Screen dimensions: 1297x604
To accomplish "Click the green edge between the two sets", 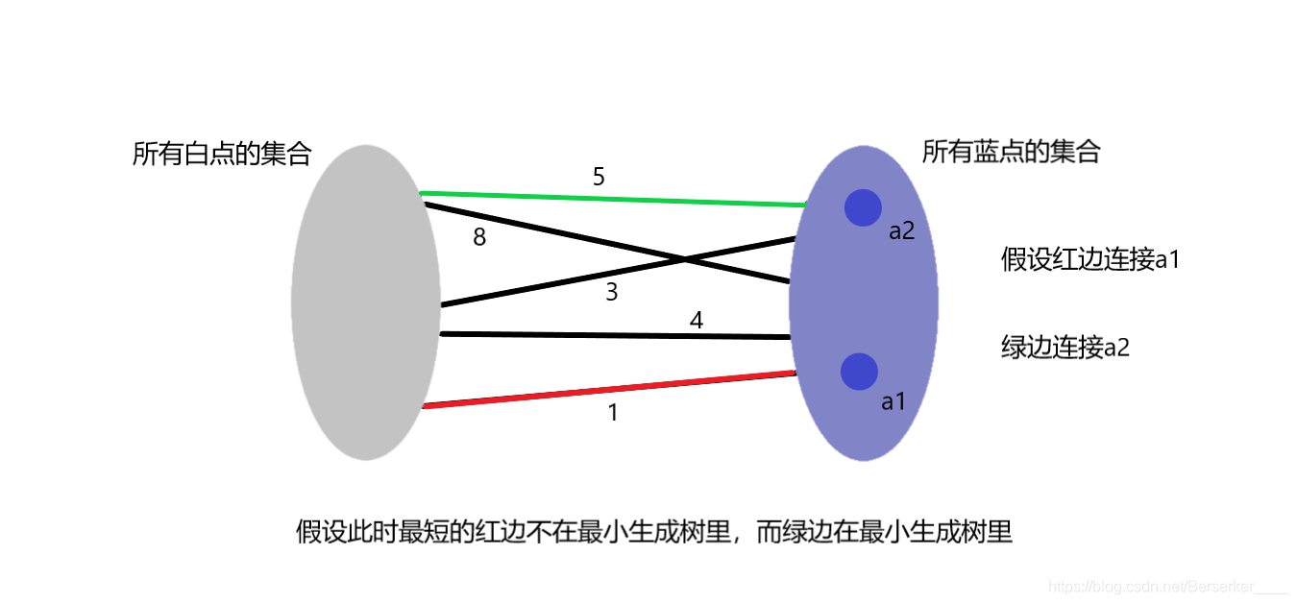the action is [615, 199].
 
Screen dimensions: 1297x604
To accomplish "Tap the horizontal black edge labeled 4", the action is [615, 335].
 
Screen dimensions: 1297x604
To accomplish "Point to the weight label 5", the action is [599, 177].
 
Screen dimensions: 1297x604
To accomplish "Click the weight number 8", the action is [479, 237].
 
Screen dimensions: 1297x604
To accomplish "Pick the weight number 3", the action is [612, 293].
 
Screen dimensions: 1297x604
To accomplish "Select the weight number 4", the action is [697, 320].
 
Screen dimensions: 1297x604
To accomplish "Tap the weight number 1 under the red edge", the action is [613, 414].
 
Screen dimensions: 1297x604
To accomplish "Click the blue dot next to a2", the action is [862, 208].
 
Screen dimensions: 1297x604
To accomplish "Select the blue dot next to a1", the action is [858, 372].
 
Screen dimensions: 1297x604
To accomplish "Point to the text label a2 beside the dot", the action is [901, 231].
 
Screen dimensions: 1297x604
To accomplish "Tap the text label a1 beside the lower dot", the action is [893, 401].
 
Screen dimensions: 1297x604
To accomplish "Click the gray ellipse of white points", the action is [365, 302].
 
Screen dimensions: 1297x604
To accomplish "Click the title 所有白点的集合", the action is [222, 154].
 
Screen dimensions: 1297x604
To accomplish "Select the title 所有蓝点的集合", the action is [1011, 152].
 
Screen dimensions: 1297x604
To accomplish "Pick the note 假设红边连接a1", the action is [1089, 259].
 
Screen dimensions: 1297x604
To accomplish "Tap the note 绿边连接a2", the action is [1065, 348].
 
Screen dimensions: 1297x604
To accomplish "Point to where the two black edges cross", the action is [684, 259].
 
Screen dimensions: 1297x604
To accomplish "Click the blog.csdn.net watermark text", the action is [1167, 586].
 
